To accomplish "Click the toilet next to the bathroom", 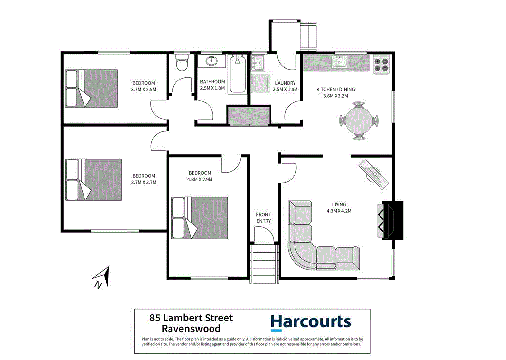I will (181, 63).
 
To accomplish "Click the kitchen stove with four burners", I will (381, 65).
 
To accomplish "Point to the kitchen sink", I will (339, 62).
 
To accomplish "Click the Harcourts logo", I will (310, 323).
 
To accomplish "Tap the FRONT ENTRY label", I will (263, 218).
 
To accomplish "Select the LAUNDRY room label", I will (285, 83).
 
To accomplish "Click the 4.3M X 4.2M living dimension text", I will (339, 211).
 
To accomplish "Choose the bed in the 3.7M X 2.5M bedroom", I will (92, 88).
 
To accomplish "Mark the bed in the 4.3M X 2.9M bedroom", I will (200, 218).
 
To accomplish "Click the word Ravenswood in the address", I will (191, 329).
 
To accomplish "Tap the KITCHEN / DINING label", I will (336, 89).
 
